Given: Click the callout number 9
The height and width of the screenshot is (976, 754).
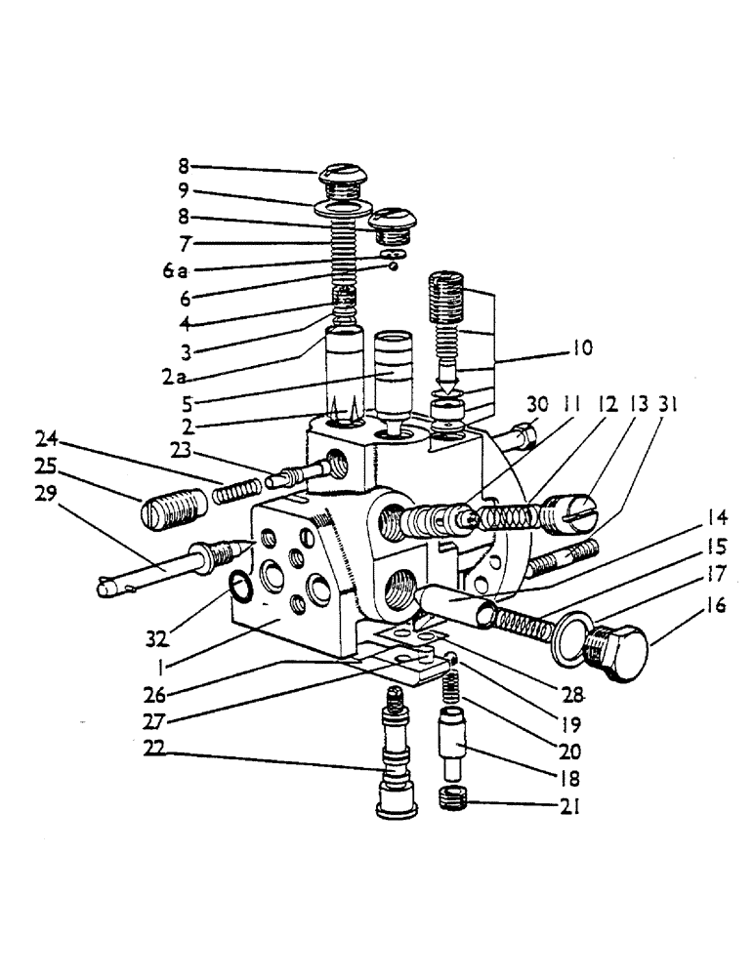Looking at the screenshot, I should (184, 191).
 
